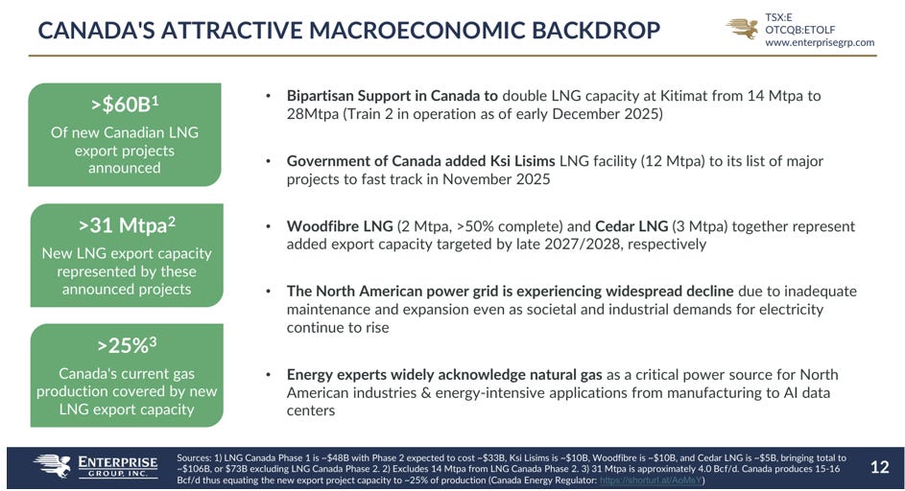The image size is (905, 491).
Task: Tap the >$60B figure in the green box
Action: (125, 104)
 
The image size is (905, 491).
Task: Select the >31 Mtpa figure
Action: (127, 225)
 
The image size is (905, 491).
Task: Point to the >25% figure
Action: (127, 345)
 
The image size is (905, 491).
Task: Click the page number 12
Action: (880, 467)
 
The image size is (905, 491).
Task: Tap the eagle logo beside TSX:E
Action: (744, 28)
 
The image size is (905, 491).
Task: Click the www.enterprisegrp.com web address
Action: (820, 42)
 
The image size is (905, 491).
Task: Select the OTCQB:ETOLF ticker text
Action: (800, 30)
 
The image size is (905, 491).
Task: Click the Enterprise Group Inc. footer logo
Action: (95, 466)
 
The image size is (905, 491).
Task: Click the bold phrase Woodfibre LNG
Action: (340, 226)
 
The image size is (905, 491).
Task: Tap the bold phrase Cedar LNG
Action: (631, 226)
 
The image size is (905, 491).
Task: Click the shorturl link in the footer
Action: (651, 480)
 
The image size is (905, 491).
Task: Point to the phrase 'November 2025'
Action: (496, 179)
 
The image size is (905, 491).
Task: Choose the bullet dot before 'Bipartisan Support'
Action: (268, 96)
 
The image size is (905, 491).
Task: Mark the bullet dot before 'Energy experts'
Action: (268, 375)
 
